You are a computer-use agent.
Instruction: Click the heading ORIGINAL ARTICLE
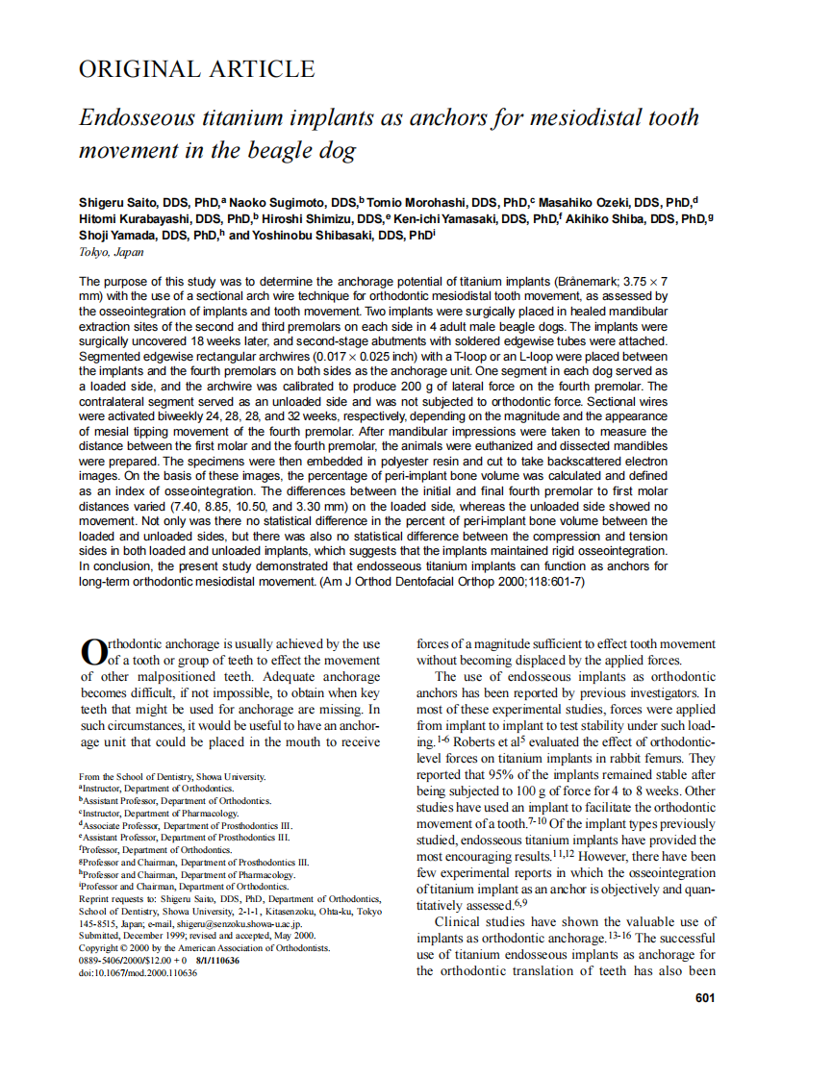coord(196,69)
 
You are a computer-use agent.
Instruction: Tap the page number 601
coord(704,998)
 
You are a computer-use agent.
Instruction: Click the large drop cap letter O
coord(92,652)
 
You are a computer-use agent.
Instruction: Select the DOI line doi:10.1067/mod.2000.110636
coord(138,973)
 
